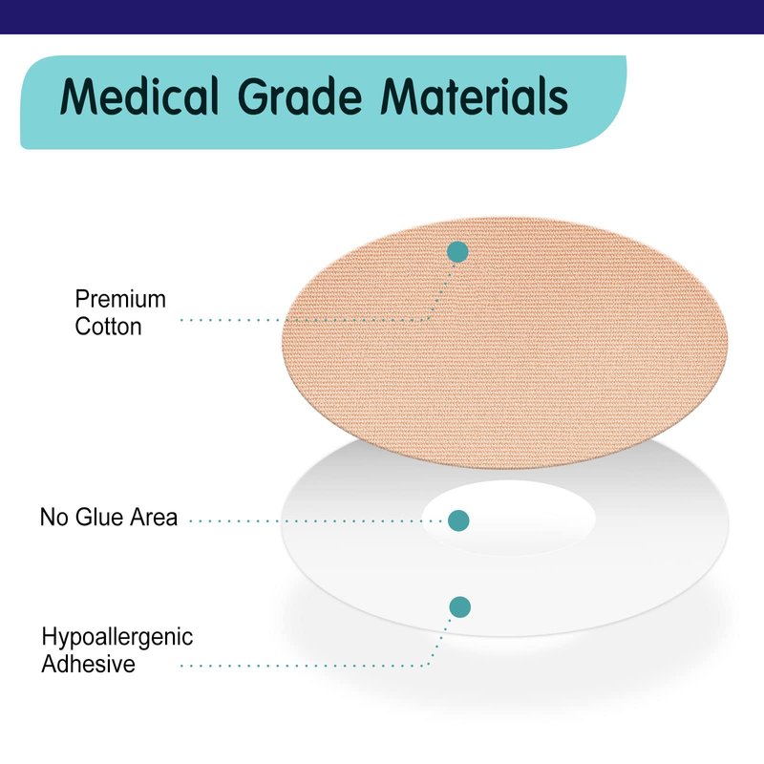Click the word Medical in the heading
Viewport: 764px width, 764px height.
(x=138, y=96)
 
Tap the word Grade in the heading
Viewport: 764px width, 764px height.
(x=300, y=96)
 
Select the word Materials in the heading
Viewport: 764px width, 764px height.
(x=474, y=96)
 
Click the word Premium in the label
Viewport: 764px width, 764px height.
(x=120, y=299)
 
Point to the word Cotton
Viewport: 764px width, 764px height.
(x=108, y=327)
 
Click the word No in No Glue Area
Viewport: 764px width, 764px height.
(x=53, y=517)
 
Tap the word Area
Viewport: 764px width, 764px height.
(x=154, y=517)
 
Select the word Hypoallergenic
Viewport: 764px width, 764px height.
(x=117, y=637)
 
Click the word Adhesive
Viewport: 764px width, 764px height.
(x=88, y=664)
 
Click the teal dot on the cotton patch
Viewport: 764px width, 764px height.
(x=457, y=252)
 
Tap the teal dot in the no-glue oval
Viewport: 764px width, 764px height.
(x=458, y=520)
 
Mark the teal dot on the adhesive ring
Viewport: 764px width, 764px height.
(x=459, y=607)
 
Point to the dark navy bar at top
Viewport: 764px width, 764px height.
(x=382, y=16)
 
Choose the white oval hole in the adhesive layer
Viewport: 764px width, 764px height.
(x=508, y=518)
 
